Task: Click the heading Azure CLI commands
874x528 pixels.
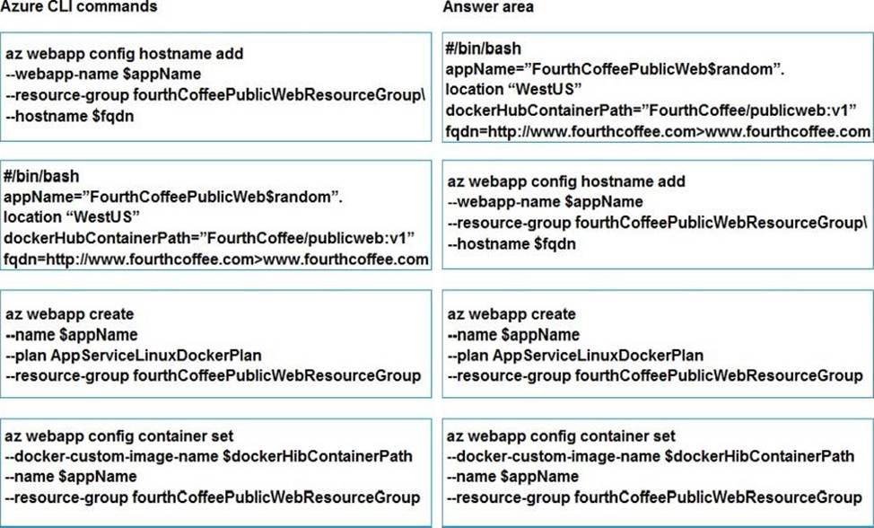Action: click(x=79, y=6)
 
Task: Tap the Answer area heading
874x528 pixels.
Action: click(x=488, y=6)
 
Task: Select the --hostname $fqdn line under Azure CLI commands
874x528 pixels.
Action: click(x=70, y=116)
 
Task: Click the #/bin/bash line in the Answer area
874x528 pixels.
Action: click(x=484, y=48)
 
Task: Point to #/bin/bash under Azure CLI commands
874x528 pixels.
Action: click(x=41, y=176)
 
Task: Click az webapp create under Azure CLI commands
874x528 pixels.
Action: click(x=70, y=314)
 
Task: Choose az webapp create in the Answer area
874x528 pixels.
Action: click(x=511, y=314)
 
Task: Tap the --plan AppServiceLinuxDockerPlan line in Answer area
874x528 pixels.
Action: click(x=575, y=356)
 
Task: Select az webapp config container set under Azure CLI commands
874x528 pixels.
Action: click(x=119, y=436)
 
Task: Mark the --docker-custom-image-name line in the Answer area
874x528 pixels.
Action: click(x=651, y=456)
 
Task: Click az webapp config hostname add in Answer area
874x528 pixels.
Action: click(x=566, y=181)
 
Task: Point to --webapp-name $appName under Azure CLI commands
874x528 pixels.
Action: click(x=104, y=75)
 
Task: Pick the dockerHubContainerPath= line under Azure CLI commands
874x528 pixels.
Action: click(x=209, y=238)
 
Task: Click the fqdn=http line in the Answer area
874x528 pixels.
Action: click(x=658, y=132)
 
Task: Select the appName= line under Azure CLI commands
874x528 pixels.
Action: click(x=173, y=197)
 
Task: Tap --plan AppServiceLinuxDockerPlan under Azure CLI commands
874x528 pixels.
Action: click(x=134, y=356)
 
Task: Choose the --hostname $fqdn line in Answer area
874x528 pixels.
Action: click(x=511, y=243)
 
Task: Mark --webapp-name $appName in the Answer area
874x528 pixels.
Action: click(x=546, y=201)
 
